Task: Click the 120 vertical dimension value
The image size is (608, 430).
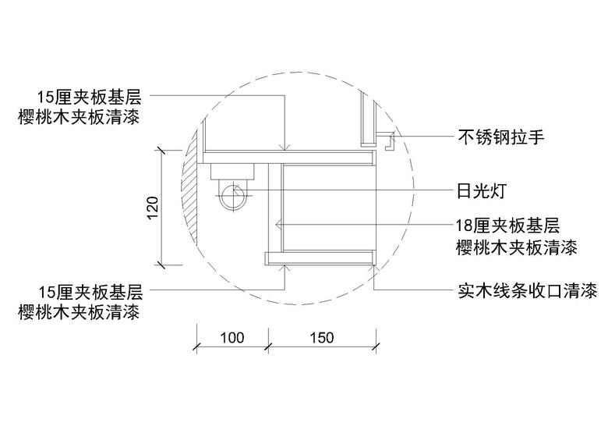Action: pyautogui.click(x=153, y=208)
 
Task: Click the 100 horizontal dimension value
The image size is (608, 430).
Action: pyautogui.click(x=232, y=338)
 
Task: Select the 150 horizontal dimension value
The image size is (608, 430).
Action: pyautogui.click(x=322, y=338)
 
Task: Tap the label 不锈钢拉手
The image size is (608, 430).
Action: pyautogui.click(x=501, y=137)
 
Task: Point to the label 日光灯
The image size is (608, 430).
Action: pyautogui.click(x=481, y=190)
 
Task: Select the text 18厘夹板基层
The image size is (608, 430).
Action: pyautogui.click(x=508, y=226)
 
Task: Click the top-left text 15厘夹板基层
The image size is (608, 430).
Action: pyautogui.click(x=89, y=97)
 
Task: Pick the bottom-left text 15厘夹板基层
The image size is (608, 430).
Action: pyautogui.click(x=90, y=292)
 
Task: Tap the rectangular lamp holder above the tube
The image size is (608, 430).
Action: pyautogui.click(x=232, y=171)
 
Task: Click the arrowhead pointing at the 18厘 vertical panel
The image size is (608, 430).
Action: pyautogui.click(x=277, y=224)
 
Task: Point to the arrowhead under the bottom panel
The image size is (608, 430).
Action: pyautogui.click(x=285, y=268)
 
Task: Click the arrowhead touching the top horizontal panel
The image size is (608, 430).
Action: pyautogui.click(x=285, y=147)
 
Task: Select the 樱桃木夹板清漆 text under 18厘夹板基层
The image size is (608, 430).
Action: pyautogui.click(x=517, y=247)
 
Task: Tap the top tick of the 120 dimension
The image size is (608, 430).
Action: pyautogui.click(x=161, y=151)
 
